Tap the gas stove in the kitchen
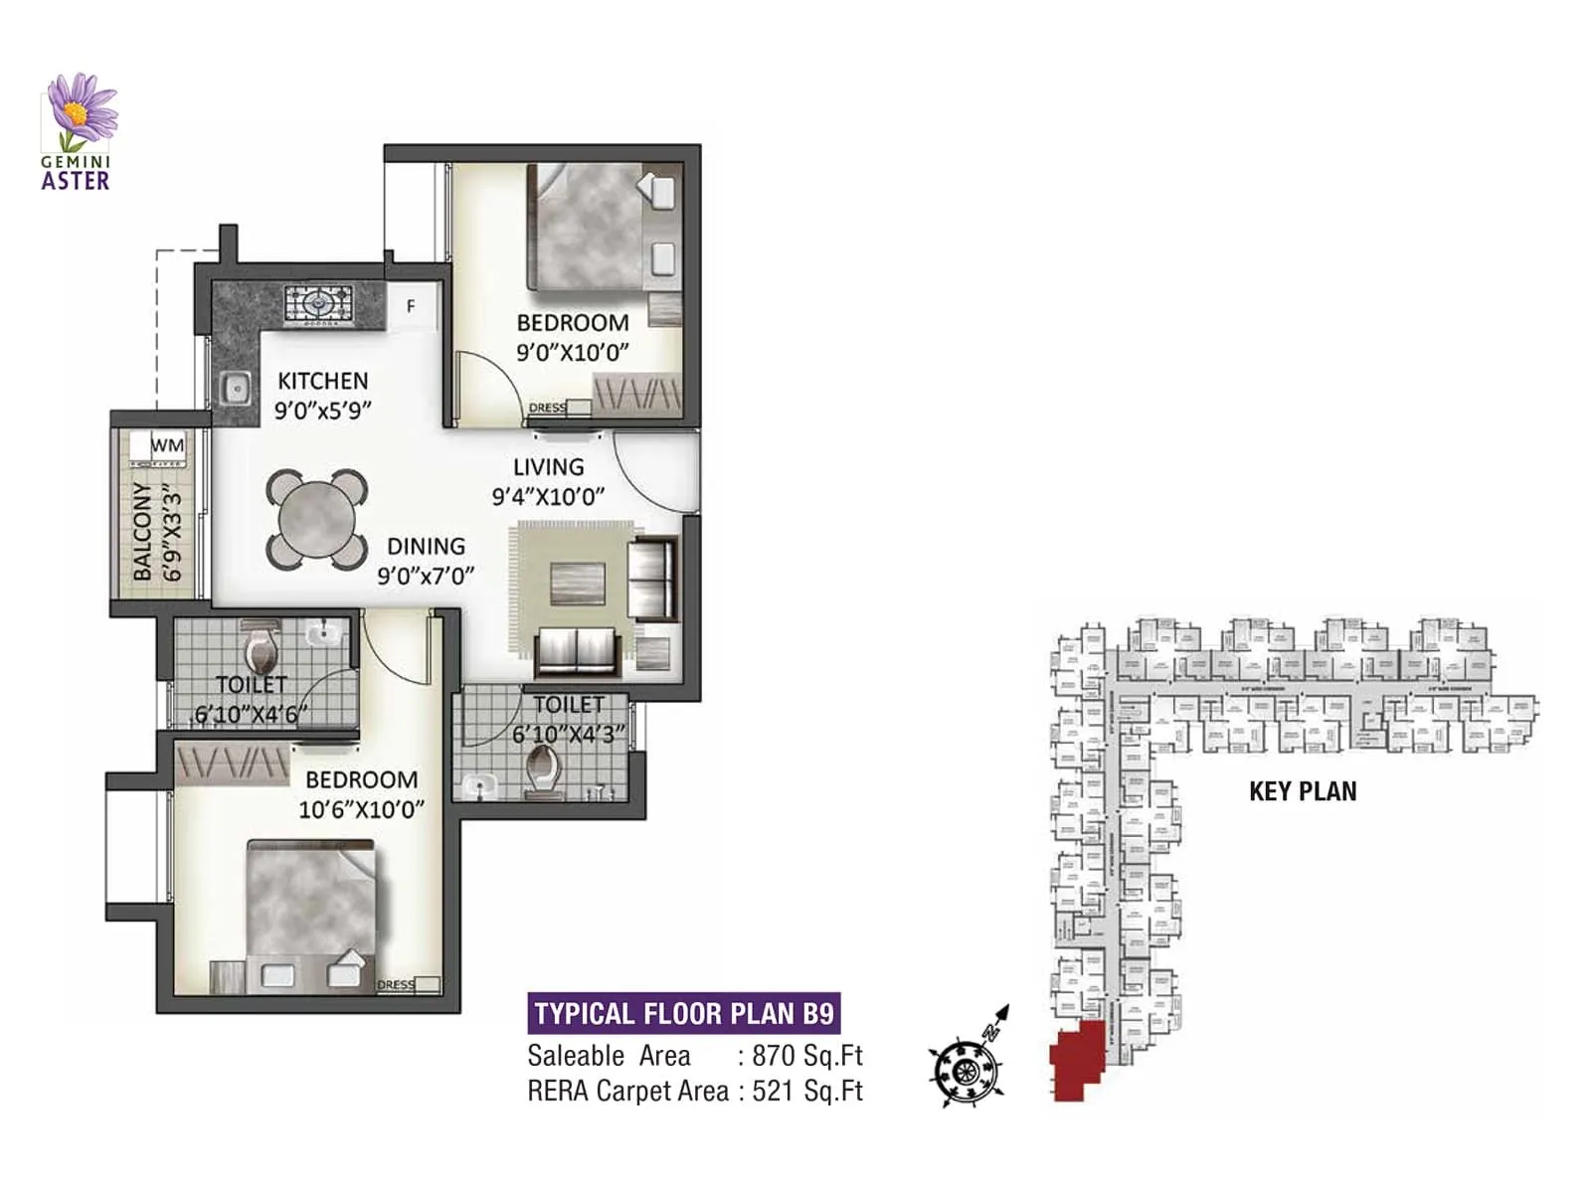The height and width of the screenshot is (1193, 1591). (317, 304)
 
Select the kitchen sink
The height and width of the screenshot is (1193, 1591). (236, 389)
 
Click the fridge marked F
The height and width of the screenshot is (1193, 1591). (411, 306)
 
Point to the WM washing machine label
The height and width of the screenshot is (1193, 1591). (167, 445)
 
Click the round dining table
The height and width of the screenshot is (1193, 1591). (316, 519)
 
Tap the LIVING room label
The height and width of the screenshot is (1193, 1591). (548, 467)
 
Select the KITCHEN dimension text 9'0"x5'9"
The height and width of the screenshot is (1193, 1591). (322, 410)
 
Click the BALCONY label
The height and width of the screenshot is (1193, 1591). (143, 532)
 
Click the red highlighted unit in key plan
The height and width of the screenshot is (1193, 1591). (1077, 1059)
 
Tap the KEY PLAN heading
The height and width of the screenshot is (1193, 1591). (1303, 791)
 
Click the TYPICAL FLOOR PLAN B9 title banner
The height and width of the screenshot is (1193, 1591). (683, 1013)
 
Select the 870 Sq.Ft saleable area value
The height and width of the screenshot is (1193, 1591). (806, 1056)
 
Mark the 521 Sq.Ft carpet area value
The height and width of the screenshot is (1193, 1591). (806, 1091)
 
